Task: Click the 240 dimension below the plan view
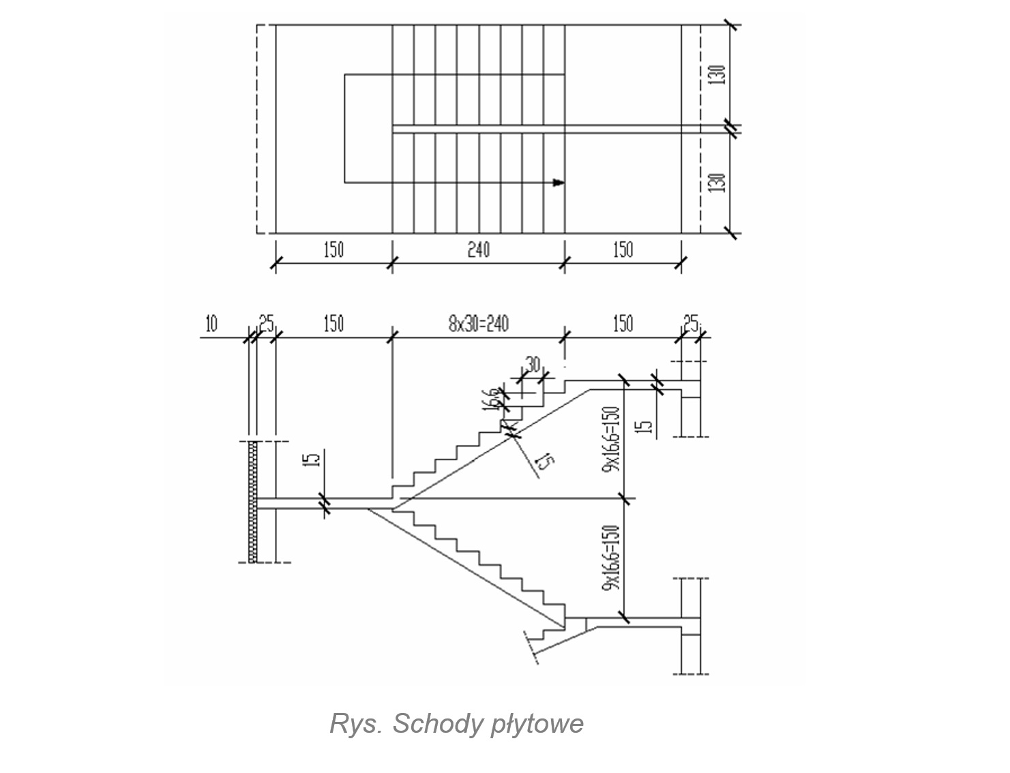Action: click(478, 250)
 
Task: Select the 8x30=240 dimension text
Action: click(478, 323)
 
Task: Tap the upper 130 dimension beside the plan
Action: click(717, 74)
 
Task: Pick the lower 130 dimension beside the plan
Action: click(717, 183)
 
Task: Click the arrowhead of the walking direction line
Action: click(559, 183)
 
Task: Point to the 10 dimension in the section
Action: click(211, 324)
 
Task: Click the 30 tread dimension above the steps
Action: click(533, 363)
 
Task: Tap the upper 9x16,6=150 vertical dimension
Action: click(611, 440)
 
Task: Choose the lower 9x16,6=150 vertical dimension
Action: click(611, 557)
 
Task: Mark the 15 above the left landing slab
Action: click(312, 460)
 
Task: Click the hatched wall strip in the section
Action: click(253, 502)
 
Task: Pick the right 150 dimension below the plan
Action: click(623, 250)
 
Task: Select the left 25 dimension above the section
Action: click(265, 324)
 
